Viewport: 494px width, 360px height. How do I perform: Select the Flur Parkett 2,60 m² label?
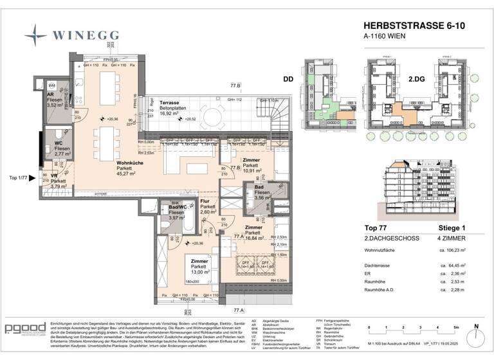[209, 206]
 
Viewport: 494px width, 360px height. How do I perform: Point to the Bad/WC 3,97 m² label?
[178, 212]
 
